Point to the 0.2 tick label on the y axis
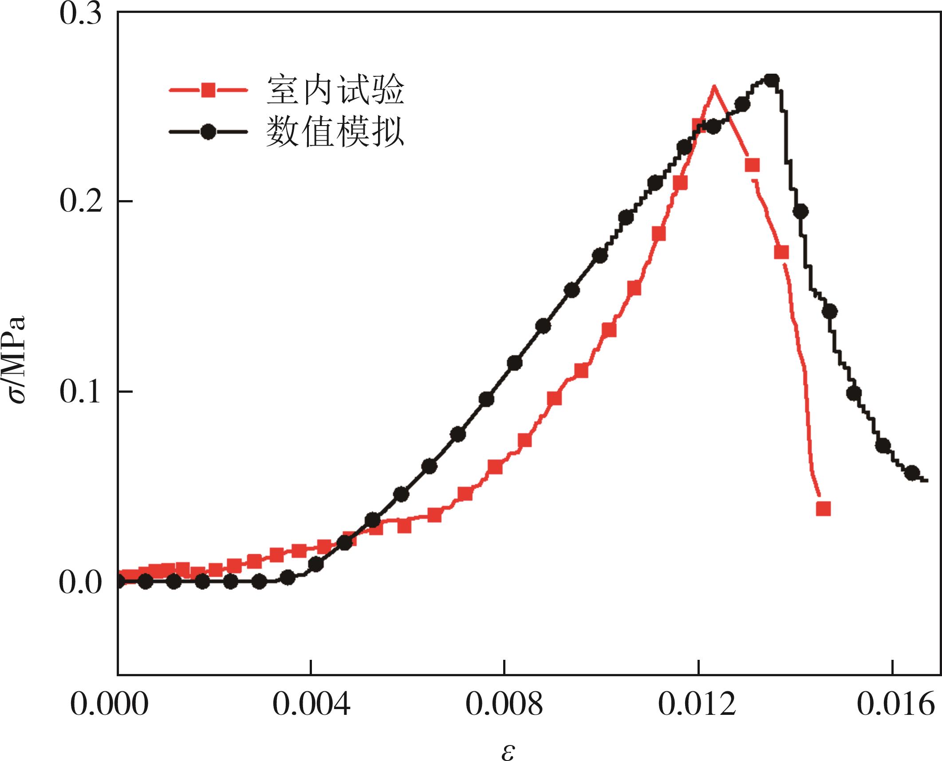click(80, 201)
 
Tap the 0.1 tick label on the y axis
click(80, 392)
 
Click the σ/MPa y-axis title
click(18, 359)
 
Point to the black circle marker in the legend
click(208, 132)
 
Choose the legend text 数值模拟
click(335, 132)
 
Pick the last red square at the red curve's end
click(823, 509)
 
